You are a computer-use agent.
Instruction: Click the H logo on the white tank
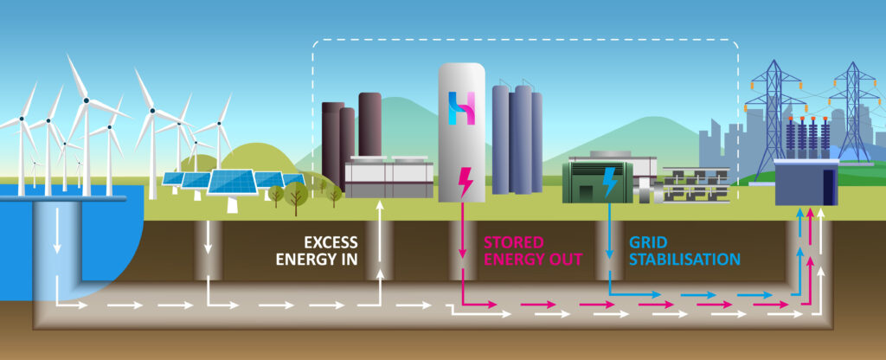tap(462, 108)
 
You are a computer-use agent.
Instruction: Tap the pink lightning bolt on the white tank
tap(465, 182)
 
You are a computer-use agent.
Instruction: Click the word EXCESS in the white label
tap(331, 242)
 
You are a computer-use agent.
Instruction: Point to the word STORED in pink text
tap(514, 242)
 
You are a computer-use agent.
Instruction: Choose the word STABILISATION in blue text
tap(685, 260)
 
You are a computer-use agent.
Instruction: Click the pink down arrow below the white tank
tap(462, 231)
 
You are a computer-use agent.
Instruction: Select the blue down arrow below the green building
tap(610, 231)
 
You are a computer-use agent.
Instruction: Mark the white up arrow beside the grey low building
tap(381, 231)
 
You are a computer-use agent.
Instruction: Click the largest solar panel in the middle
tap(233, 182)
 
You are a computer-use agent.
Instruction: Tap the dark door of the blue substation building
tap(829, 187)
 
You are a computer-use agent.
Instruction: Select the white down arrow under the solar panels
tap(208, 237)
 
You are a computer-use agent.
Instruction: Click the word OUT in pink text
tap(563, 260)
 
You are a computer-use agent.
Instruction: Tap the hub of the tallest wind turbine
tap(86, 101)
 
